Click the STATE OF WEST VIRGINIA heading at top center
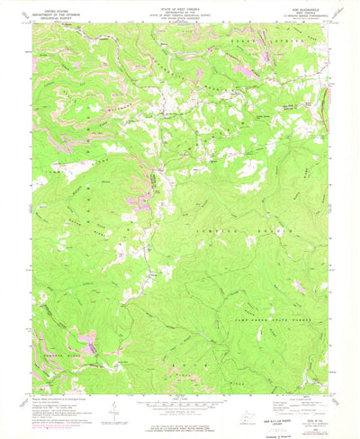click(180, 10)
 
